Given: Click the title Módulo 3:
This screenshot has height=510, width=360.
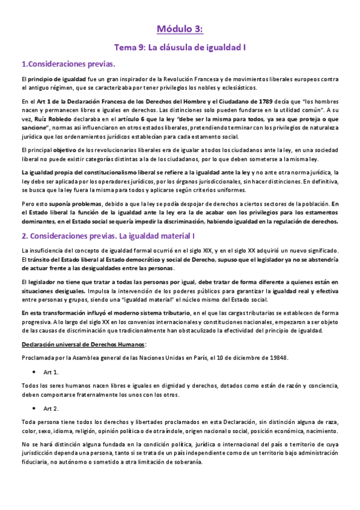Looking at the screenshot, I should pyautogui.click(x=180, y=28).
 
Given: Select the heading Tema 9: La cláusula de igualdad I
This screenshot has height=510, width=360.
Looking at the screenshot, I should pyautogui.click(x=180, y=46).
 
